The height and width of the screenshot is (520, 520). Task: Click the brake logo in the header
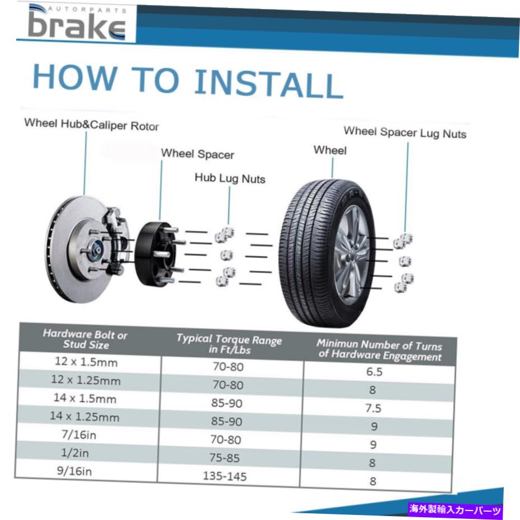click(x=77, y=22)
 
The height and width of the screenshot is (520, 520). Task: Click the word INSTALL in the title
click(x=268, y=83)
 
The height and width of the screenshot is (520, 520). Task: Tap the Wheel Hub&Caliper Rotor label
click(x=92, y=124)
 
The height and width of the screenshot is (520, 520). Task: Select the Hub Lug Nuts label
click(x=230, y=178)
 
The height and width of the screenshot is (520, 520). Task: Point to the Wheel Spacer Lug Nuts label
click(x=405, y=133)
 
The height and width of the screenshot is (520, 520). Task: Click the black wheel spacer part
click(x=156, y=254)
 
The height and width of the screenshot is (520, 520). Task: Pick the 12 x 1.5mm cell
click(x=86, y=361)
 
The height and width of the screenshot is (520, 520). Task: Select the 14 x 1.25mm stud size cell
click(x=84, y=417)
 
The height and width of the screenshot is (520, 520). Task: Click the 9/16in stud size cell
click(x=74, y=471)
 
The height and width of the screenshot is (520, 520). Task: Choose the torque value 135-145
click(x=225, y=476)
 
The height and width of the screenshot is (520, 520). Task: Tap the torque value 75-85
click(x=225, y=458)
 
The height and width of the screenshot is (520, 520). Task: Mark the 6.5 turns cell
click(x=375, y=372)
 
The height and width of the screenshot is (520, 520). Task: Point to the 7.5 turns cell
click(x=374, y=408)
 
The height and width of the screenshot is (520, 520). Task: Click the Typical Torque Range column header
click(x=229, y=344)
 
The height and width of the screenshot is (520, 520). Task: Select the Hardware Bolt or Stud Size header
click(x=85, y=339)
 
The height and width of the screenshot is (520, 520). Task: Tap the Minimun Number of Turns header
click(x=380, y=350)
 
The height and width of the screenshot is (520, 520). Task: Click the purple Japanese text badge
click(x=455, y=509)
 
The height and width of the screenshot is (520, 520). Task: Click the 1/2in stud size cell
click(x=75, y=453)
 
